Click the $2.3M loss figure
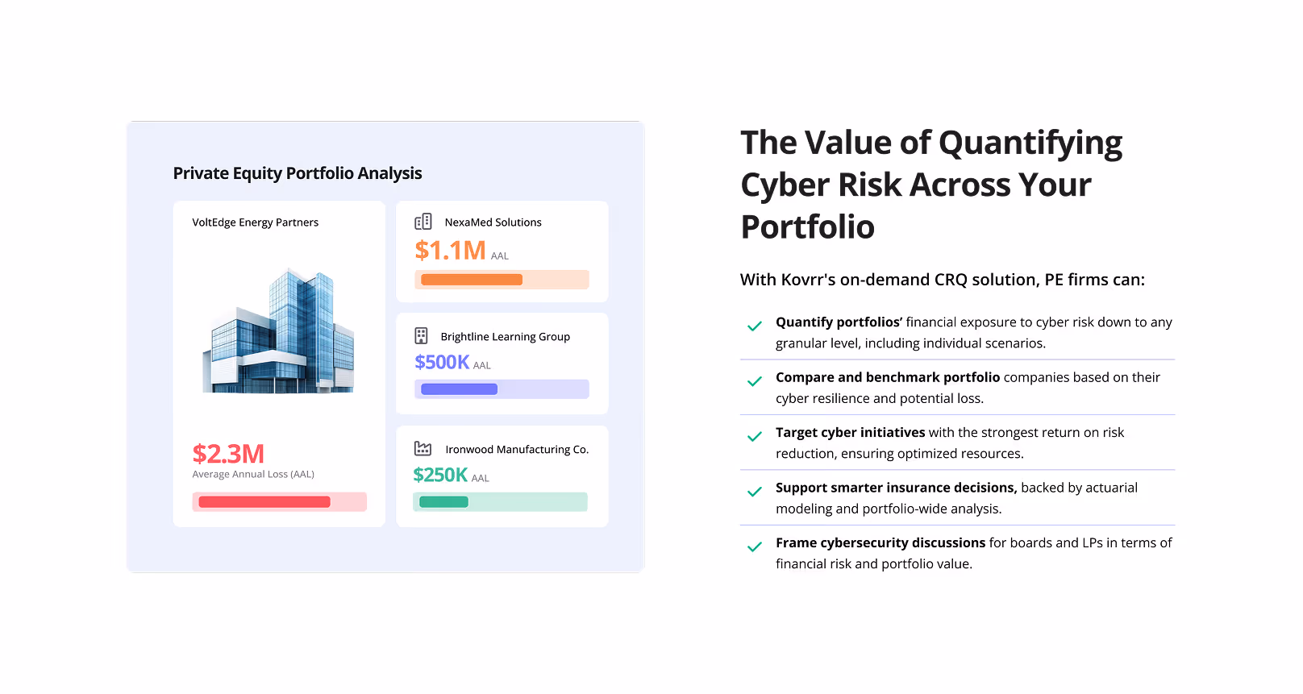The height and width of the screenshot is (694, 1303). tap(228, 454)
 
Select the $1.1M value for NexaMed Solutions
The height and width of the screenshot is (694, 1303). tap(450, 251)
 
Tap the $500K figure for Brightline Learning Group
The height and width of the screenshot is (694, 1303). tap(442, 363)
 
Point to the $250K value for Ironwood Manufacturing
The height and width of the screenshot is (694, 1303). tap(440, 476)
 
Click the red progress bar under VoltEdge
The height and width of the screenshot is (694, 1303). tap(264, 502)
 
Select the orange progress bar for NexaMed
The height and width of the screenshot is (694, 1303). tap(472, 280)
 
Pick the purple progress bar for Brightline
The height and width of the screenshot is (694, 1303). tap(460, 389)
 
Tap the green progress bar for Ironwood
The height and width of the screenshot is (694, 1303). tap(444, 502)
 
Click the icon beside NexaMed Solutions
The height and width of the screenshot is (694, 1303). tap(423, 222)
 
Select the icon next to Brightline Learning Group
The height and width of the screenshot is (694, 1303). tap(421, 335)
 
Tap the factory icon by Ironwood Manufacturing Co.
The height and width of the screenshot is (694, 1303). tap(423, 448)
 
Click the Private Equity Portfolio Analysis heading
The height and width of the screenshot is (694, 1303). tap(298, 173)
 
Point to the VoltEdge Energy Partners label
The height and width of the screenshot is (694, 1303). tap(255, 222)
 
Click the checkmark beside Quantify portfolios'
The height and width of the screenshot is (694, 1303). tap(755, 326)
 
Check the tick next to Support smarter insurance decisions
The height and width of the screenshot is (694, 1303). tap(755, 492)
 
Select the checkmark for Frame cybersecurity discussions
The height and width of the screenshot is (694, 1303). tap(755, 547)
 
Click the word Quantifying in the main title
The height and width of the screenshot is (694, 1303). tap(1030, 143)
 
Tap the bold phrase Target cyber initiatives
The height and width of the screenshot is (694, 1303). tap(850, 433)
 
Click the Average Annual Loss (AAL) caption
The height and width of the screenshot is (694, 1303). tap(253, 475)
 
